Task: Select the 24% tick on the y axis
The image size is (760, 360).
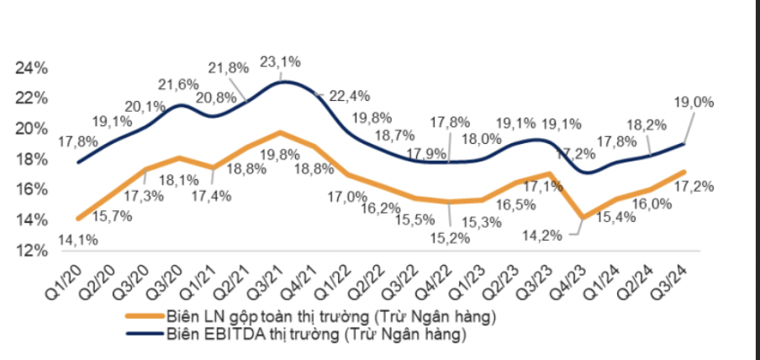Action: coord(31,67)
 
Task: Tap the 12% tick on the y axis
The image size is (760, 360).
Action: coord(31,250)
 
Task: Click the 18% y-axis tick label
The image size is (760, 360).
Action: coord(31,159)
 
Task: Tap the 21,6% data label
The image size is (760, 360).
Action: coord(177,84)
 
